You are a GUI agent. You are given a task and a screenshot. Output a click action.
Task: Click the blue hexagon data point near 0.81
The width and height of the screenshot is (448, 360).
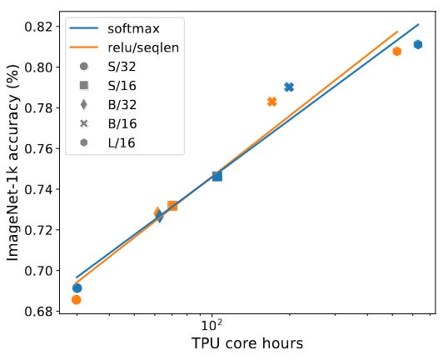point(418,44)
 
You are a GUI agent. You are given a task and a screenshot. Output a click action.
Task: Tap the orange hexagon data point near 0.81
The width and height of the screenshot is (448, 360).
point(397,52)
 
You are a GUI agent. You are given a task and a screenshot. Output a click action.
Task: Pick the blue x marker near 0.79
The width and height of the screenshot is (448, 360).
point(289,87)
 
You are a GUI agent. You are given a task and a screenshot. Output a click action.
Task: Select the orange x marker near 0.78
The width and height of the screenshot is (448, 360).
point(271,102)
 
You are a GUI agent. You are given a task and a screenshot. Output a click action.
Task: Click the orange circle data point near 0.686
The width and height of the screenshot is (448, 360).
point(76,299)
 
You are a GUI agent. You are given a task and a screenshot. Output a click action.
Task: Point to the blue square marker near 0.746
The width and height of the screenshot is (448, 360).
point(217,176)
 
